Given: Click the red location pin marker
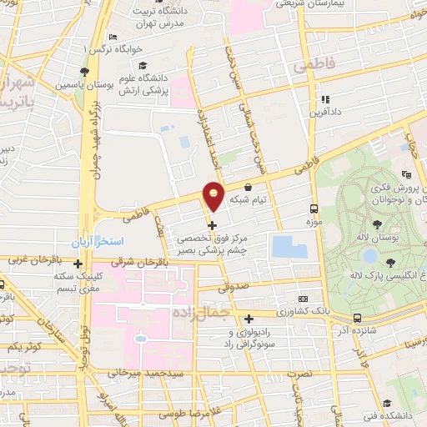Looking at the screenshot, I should [214, 197].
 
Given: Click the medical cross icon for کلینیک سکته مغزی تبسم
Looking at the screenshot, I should [78, 265].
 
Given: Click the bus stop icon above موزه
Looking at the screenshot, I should [314, 209].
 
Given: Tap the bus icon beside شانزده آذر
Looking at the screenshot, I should [357, 318].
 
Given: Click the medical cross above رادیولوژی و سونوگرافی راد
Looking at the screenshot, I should [250, 318].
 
